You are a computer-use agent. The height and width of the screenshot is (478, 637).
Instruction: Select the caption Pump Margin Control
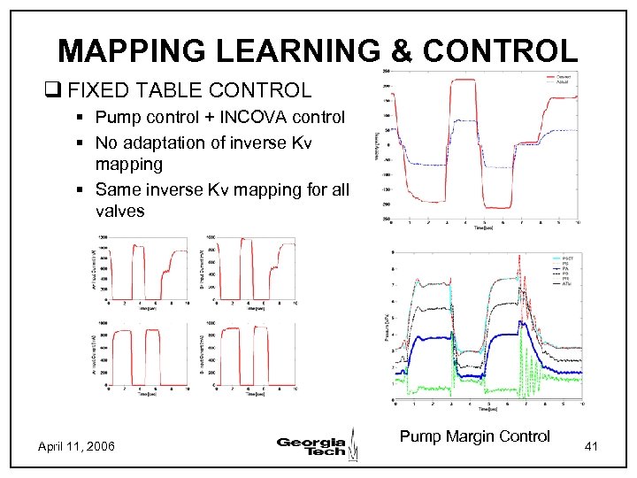[x=474, y=436]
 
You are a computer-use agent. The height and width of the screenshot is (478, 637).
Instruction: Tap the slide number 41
[x=592, y=448]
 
